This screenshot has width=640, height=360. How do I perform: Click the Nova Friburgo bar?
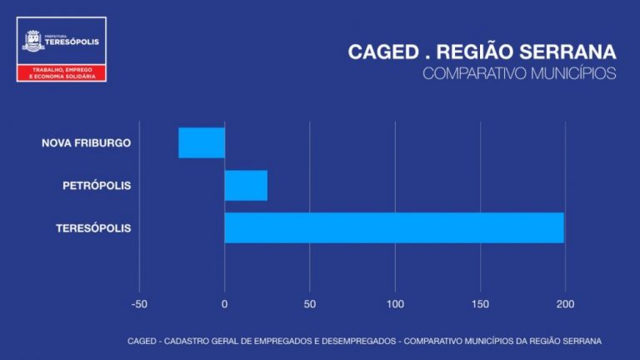pyautogui.click(x=202, y=142)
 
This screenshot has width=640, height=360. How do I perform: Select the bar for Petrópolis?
pyautogui.click(x=246, y=185)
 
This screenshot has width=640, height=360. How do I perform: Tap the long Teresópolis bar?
pyautogui.click(x=394, y=227)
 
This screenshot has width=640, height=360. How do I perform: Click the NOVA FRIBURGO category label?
pyautogui.click(x=87, y=142)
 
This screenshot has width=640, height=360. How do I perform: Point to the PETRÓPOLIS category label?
pyautogui.click(x=97, y=185)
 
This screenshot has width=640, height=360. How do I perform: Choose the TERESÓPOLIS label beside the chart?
pyautogui.click(x=93, y=227)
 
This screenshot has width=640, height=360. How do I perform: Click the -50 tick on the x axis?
pyautogui.click(x=139, y=304)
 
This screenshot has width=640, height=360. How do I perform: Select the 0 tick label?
pyautogui.click(x=225, y=304)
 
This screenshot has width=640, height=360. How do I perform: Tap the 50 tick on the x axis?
pyautogui.click(x=310, y=304)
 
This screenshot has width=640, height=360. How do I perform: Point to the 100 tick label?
pyautogui.click(x=395, y=304)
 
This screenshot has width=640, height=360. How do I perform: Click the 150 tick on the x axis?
pyautogui.click(x=480, y=304)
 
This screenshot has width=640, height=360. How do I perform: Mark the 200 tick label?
pyautogui.click(x=565, y=304)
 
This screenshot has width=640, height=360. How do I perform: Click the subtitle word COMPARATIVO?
pyautogui.click(x=474, y=73)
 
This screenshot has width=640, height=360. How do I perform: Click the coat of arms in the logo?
pyautogui.click(x=33, y=41)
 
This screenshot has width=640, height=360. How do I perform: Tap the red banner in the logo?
pyautogui.click(x=62, y=72)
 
